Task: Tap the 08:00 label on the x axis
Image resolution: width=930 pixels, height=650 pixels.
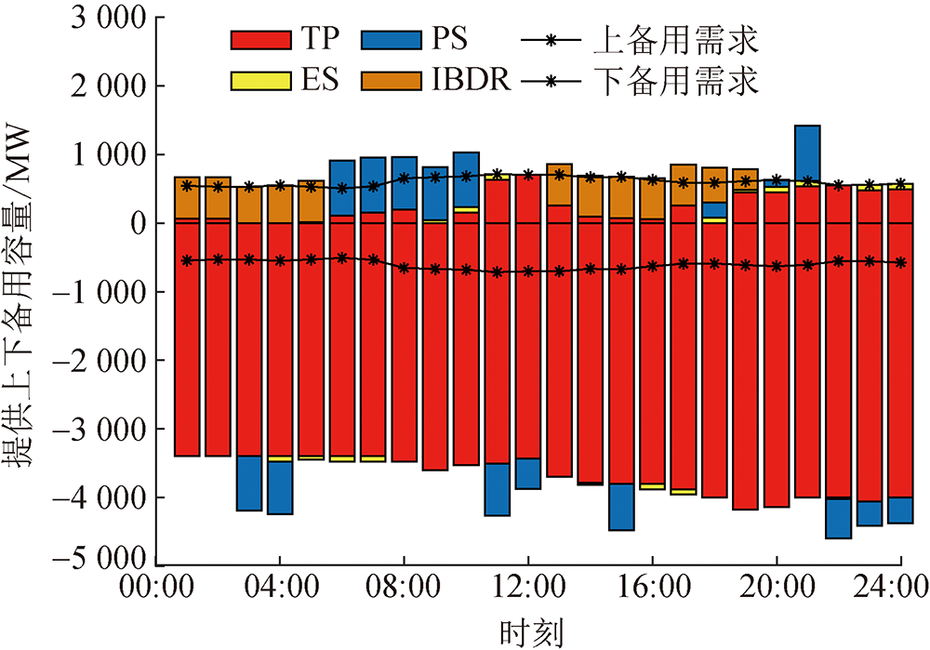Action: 405,589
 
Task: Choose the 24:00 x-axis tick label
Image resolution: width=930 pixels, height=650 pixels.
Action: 900,589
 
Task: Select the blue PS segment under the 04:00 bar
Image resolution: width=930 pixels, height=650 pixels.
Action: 280,487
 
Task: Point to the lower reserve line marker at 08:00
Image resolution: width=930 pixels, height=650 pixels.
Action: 405,268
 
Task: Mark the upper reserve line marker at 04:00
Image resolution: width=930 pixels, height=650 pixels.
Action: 280,186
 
